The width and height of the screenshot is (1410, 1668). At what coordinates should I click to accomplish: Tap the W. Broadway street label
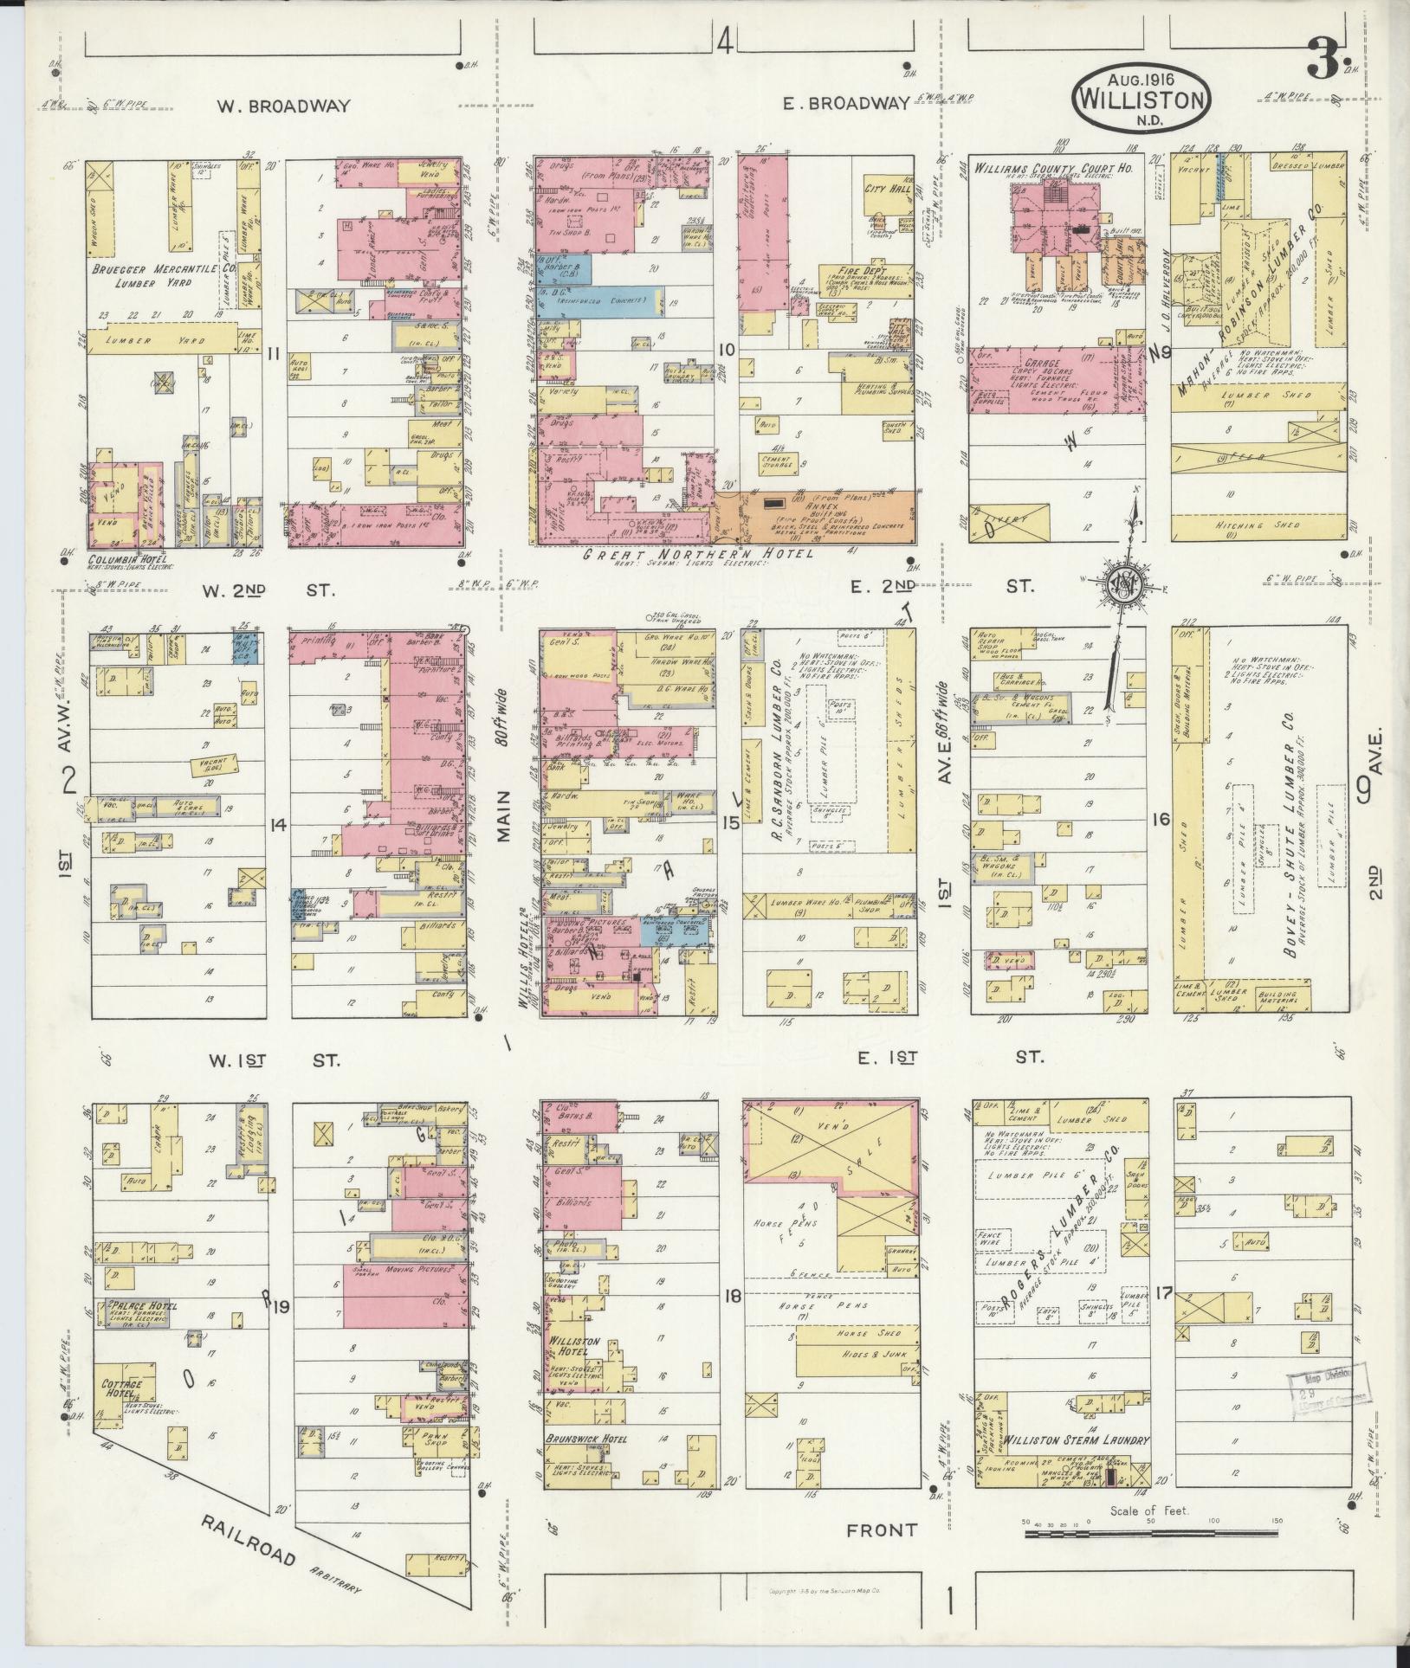283,106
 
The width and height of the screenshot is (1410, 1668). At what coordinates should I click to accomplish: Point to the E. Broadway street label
845,103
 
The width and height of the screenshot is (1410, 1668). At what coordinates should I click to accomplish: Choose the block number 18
732,1319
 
